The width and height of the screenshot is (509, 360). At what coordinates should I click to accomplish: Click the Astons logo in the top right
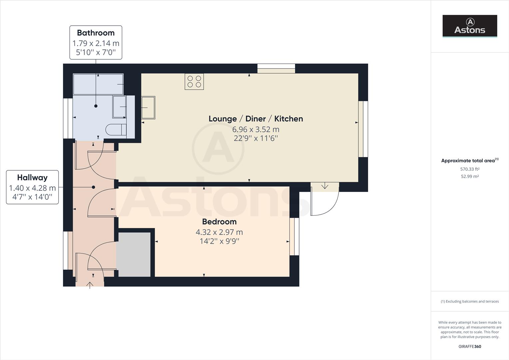pyautogui.click(x=470, y=26)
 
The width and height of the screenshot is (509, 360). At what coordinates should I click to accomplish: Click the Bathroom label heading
pyautogui.click(x=96, y=33)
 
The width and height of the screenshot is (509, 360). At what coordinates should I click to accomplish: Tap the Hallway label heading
pyautogui.click(x=32, y=177)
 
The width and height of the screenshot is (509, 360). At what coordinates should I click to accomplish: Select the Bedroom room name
pyautogui.click(x=219, y=222)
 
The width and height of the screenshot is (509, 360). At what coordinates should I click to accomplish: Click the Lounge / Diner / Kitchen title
pyautogui.click(x=255, y=119)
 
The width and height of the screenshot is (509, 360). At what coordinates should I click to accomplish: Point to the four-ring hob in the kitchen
pyautogui.click(x=194, y=82)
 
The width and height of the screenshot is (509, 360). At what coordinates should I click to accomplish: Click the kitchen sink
pyautogui.click(x=148, y=107)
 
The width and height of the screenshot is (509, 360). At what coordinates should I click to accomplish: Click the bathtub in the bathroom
pyautogui.click(x=98, y=84)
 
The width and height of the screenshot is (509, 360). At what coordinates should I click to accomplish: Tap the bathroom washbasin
pyautogui.click(x=119, y=107)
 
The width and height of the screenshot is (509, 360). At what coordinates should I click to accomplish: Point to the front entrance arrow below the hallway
pyautogui.click(x=90, y=285)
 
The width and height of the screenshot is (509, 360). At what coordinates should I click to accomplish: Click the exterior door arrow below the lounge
pyautogui.click(x=324, y=186)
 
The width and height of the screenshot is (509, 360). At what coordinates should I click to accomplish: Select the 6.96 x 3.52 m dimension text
pyautogui.click(x=255, y=129)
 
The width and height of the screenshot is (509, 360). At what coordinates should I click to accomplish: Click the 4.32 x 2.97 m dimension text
pyautogui.click(x=219, y=232)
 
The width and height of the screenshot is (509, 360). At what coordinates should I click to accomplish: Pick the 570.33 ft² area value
pyautogui.click(x=470, y=169)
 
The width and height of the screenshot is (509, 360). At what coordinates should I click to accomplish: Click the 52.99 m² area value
pyautogui.click(x=470, y=176)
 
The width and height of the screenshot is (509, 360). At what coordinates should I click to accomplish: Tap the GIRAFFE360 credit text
pyautogui.click(x=470, y=346)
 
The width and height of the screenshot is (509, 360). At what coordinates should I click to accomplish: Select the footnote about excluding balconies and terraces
pyautogui.click(x=470, y=301)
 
